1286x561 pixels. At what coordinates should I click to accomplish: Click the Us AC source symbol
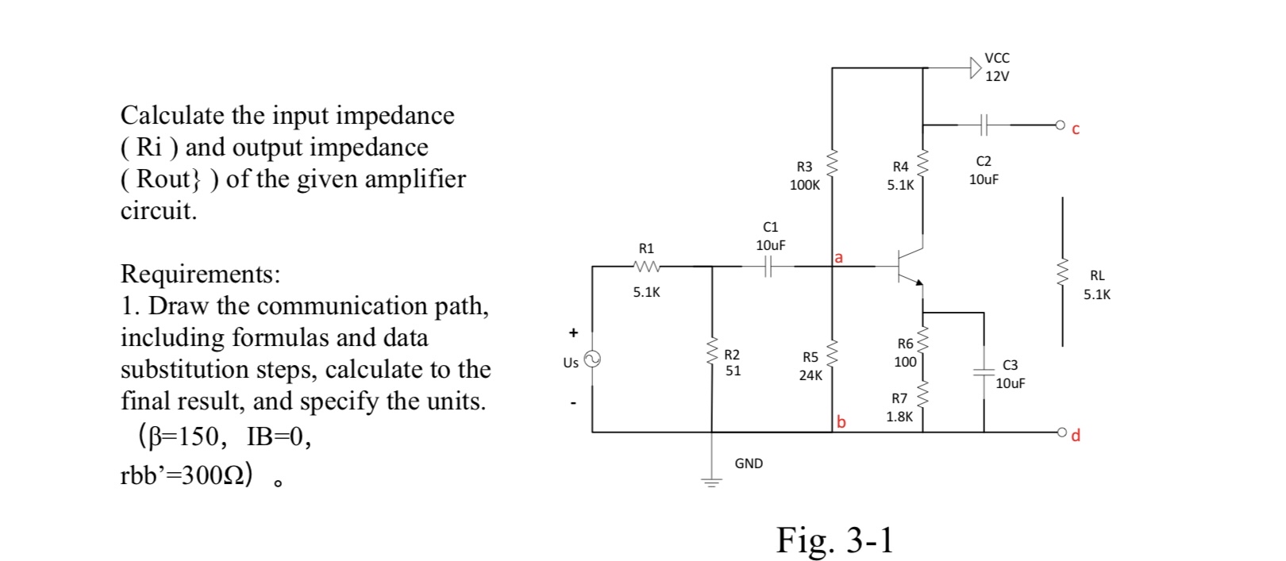591,359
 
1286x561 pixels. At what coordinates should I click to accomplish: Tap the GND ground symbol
711,480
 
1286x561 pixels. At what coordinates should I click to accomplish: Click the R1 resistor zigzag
647,267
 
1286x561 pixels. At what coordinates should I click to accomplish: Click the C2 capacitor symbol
984,125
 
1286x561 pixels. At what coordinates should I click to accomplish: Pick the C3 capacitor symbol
984,371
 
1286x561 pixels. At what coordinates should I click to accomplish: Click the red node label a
839,257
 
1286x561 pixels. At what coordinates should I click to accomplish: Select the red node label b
841,422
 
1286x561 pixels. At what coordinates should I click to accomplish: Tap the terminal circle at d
1061,432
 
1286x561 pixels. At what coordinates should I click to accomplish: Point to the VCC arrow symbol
976,67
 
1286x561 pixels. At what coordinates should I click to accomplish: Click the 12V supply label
997,76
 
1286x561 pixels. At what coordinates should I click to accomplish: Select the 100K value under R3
804,185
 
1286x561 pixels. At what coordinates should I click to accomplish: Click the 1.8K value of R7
899,416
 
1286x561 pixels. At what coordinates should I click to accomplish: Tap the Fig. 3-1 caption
834,540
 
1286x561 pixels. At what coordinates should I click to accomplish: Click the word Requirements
199,274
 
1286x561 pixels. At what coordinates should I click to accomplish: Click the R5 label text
810,357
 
